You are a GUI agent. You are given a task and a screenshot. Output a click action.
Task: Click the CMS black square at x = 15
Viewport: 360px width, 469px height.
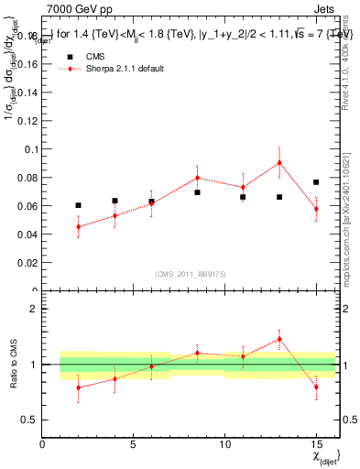pos(316,182)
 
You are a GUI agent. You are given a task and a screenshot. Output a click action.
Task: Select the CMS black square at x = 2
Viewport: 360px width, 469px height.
pos(79,205)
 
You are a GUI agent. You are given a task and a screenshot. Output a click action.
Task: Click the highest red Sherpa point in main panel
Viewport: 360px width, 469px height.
pos(279,163)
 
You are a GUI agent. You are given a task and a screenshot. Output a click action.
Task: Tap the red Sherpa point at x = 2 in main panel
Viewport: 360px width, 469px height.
pos(79,226)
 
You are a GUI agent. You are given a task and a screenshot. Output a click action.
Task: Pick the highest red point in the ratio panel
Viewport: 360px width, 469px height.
pos(279,339)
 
